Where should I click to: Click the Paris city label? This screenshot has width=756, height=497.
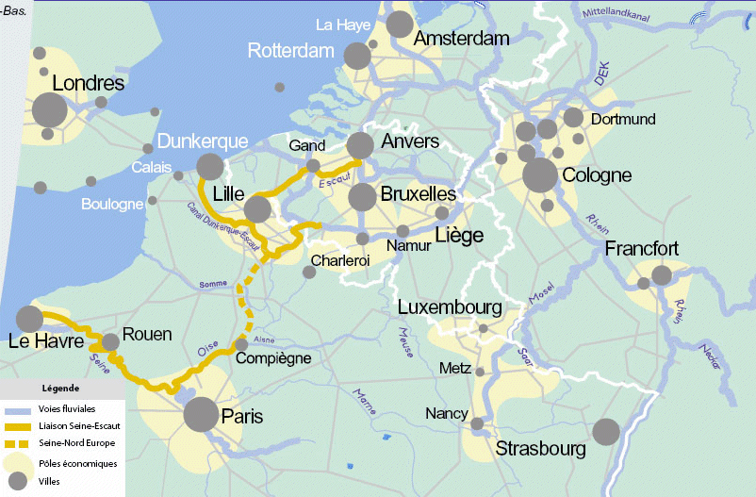tap(241, 416)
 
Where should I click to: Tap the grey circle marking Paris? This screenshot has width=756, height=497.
tap(201, 415)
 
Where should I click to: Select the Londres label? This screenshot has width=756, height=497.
tap(89, 84)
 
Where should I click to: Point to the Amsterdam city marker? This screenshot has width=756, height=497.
tap(400, 25)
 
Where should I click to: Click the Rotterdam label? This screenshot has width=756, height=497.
tap(291, 51)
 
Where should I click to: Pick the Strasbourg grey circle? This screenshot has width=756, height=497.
tap(606, 432)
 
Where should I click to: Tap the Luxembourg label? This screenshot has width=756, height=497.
tap(449, 307)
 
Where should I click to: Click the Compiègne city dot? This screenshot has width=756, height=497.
tap(241, 344)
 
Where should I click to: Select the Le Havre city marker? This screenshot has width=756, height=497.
tap(29, 319)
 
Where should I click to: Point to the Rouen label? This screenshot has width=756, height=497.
tap(147, 335)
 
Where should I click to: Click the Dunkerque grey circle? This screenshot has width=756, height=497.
tap(209, 167)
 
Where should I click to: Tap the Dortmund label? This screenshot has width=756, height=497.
tap(622, 120)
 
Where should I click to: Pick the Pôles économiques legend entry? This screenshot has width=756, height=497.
tap(77, 463)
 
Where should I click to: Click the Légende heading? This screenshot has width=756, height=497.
tap(60, 388)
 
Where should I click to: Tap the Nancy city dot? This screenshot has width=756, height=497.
tap(477, 423)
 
